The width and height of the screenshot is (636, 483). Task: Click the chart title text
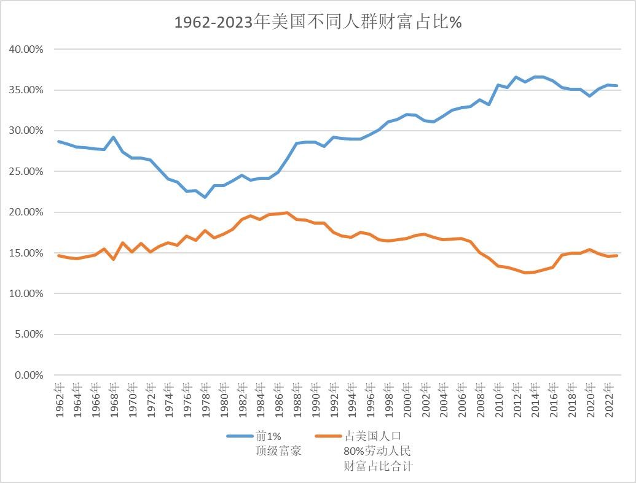(x=318, y=23)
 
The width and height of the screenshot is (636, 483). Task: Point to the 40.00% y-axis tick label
(x=26, y=49)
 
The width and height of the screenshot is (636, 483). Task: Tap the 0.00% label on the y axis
(x=29, y=375)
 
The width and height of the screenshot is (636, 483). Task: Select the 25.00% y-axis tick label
(x=26, y=171)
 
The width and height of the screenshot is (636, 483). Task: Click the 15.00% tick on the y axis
(x=26, y=253)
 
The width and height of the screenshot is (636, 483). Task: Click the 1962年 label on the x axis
(x=59, y=400)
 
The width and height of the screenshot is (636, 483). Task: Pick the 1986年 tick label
(x=278, y=400)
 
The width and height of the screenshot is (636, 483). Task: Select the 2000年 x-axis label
(x=407, y=400)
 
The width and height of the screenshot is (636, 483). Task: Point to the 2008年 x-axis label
(x=480, y=400)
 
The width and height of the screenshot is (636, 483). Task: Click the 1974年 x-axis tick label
(x=169, y=400)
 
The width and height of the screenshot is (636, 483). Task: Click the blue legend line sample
(x=240, y=436)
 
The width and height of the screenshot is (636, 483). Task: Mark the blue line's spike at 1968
(x=114, y=137)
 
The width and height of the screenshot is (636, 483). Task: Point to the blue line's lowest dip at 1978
(x=205, y=197)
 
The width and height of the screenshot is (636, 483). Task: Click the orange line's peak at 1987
(x=287, y=213)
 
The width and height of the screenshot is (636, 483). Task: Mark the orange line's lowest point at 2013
(x=525, y=272)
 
